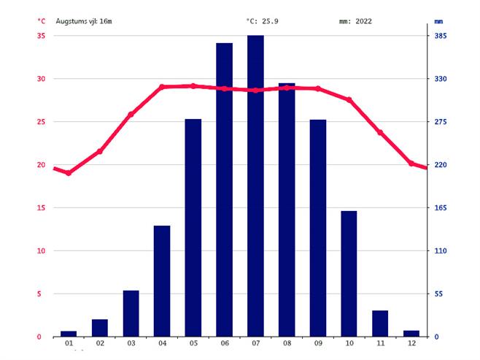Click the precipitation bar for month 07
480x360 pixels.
255,185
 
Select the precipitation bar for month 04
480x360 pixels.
162,281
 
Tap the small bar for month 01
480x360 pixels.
69,334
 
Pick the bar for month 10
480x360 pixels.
349,274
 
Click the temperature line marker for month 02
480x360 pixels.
100,151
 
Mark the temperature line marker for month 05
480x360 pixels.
193,86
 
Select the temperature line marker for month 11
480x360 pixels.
380,132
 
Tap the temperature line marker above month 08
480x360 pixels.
287,88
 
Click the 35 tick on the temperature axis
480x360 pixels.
41,36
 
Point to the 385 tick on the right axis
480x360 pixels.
441,36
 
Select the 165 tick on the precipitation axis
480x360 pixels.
441,208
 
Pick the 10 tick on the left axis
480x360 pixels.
41,251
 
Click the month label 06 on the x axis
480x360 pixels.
224,344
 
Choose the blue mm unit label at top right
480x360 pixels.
439,21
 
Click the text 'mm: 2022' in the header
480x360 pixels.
355,21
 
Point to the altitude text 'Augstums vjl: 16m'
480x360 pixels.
84,21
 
